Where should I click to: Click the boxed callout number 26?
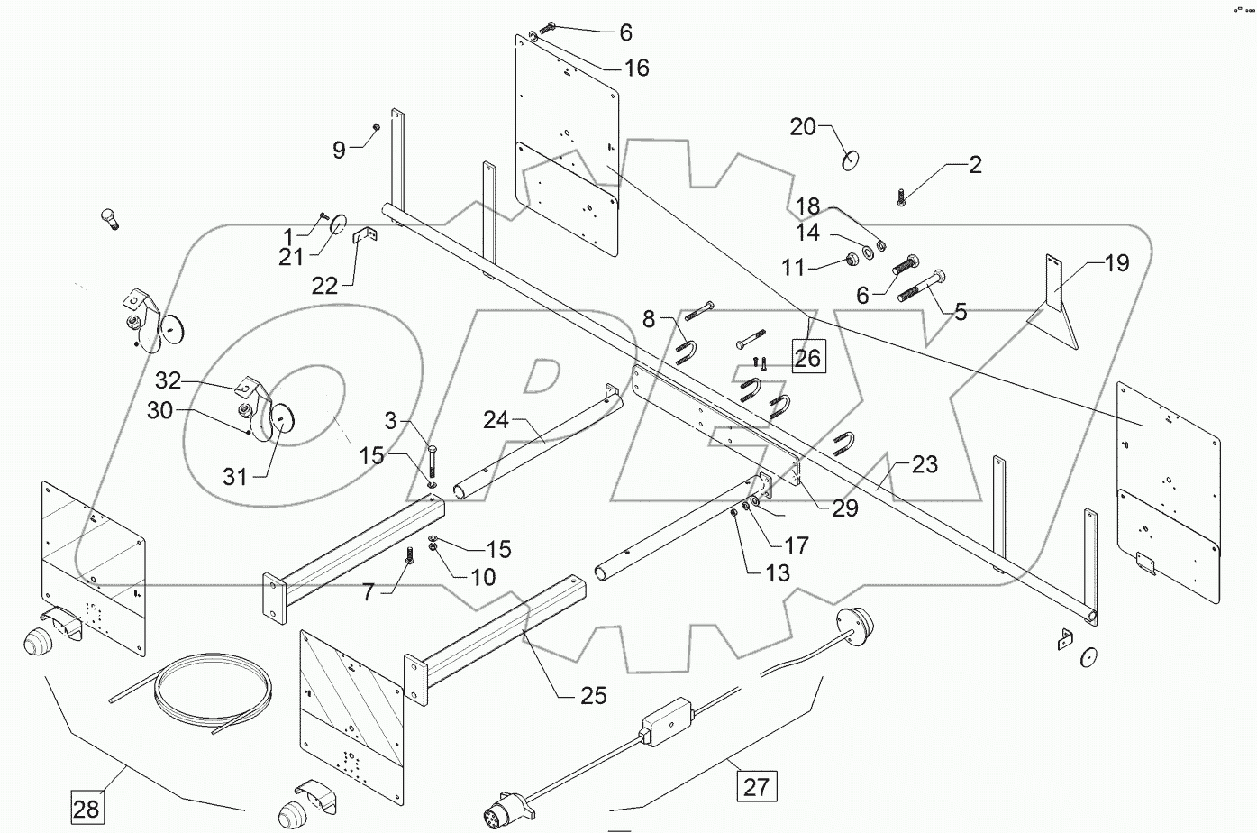click(x=807, y=358)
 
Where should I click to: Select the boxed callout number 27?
click(x=756, y=786)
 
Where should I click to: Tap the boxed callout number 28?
click(x=87, y=808)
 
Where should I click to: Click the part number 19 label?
click(x=1116, y=263)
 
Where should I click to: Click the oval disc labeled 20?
click(x=850, y=160)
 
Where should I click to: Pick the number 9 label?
click(x=339, y=150)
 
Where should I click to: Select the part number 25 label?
click(x=593, y=695)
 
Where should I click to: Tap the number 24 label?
click(x=496, y=419)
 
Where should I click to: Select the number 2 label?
click(x=975, y=165)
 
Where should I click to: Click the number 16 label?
click(x=636, y=68)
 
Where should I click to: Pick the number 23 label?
click(x=925, y=464)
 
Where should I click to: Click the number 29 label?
click(x=844, y=508)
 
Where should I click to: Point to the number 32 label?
click(x=169, y=380)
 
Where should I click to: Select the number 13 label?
click(x=777, y=572)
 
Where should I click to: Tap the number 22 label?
click(x=324, y=286)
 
